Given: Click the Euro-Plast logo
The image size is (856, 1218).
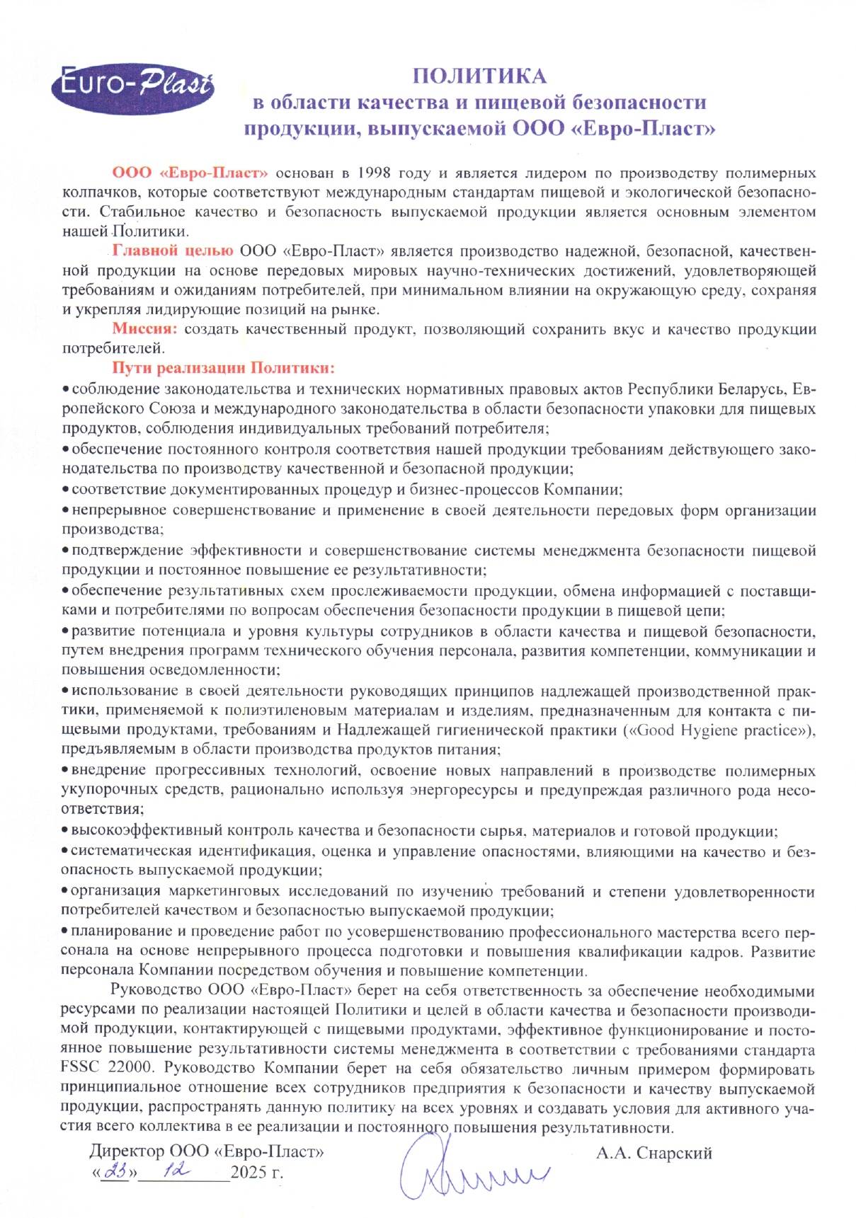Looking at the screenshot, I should (x=133, y=88).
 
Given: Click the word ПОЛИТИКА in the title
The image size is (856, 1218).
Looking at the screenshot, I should (x=479, y=76).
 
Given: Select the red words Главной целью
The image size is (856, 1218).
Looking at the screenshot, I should (x=173, y=251).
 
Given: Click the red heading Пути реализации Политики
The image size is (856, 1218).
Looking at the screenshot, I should (x=223, y=368).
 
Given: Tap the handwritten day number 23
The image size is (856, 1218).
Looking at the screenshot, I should (x=115, y=1171).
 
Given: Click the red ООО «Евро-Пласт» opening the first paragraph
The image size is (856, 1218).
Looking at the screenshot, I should (x=190, y=173).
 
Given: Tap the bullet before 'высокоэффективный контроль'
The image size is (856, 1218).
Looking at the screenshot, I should (x=65, y=831).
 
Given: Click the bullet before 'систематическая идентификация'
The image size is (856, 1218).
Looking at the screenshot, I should (x=65, y=851).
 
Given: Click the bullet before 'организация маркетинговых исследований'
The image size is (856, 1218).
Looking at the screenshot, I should (x=65, y=891).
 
